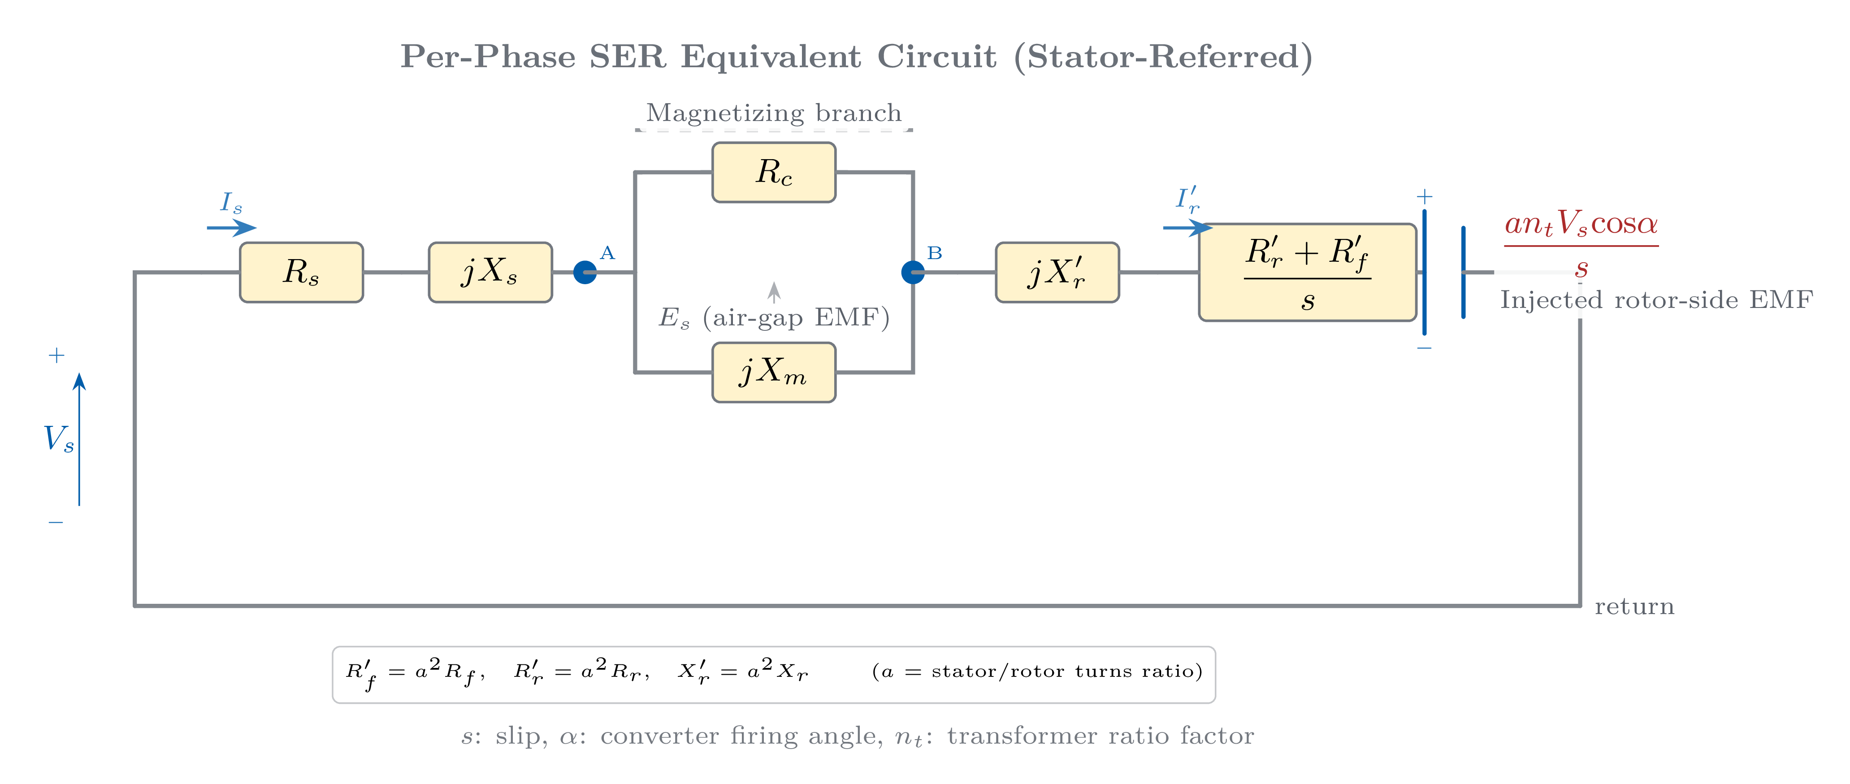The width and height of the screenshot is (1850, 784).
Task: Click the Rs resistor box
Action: tap(301, 272)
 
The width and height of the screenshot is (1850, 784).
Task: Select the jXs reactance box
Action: tap(490, 272)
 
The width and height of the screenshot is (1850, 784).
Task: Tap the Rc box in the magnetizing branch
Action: tap(773, 172)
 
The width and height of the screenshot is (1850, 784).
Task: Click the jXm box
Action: tap(773, 372)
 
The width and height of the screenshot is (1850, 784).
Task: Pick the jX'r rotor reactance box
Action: tap(1057, 272)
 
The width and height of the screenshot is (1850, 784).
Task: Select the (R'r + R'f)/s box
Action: tap(1307, 272)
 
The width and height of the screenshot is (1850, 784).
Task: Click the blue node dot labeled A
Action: tap(585, 272)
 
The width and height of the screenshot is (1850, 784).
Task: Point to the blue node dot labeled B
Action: tap(912, 272)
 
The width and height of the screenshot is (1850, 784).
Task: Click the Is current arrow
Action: tap(231, 228)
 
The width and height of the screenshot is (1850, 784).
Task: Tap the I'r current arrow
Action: tap(1187, 228)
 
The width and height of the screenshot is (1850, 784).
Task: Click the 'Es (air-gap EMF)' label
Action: tap(773, 316)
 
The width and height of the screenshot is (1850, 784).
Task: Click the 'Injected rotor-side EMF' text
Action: tap(1656, 299)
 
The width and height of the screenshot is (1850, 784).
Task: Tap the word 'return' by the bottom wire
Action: tap(1634, 606)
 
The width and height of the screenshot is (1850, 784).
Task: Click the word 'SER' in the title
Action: tap(627, 56)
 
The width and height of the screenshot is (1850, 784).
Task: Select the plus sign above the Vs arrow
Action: tap(56, 355)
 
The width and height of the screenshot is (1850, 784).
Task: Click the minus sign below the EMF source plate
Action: tap(1424, 348)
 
